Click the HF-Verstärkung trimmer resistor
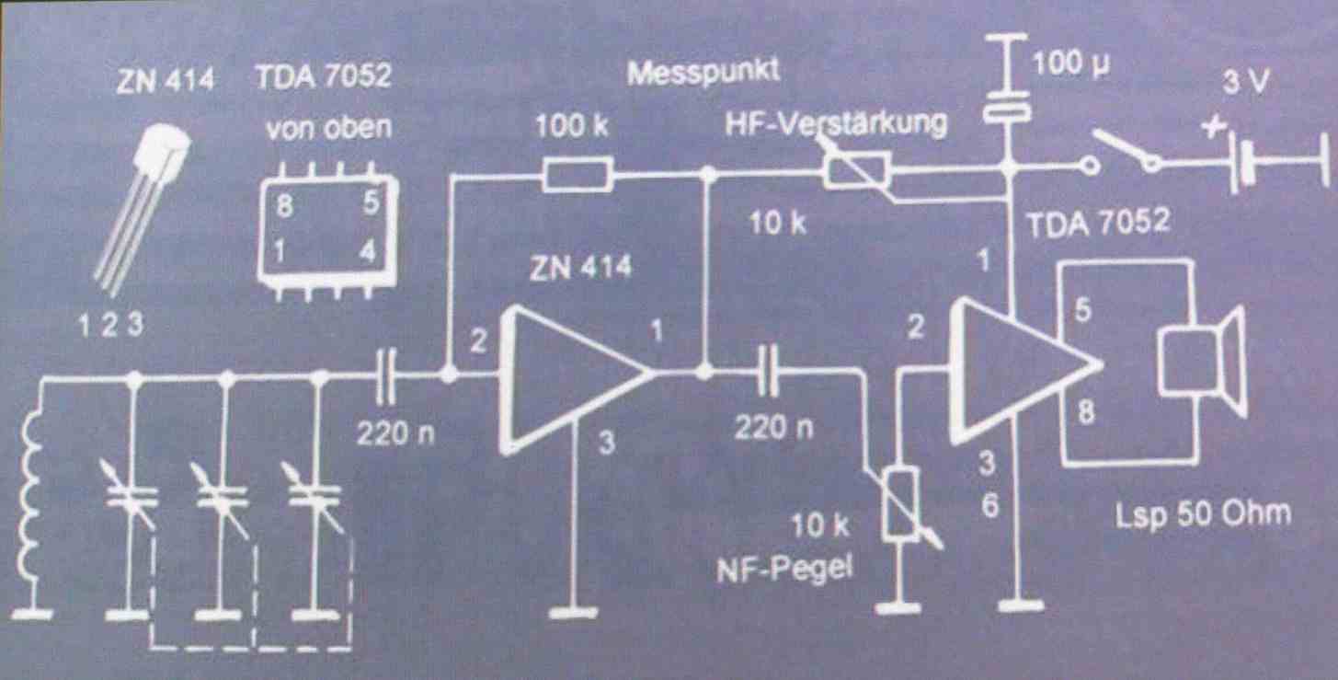click(856, 171)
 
